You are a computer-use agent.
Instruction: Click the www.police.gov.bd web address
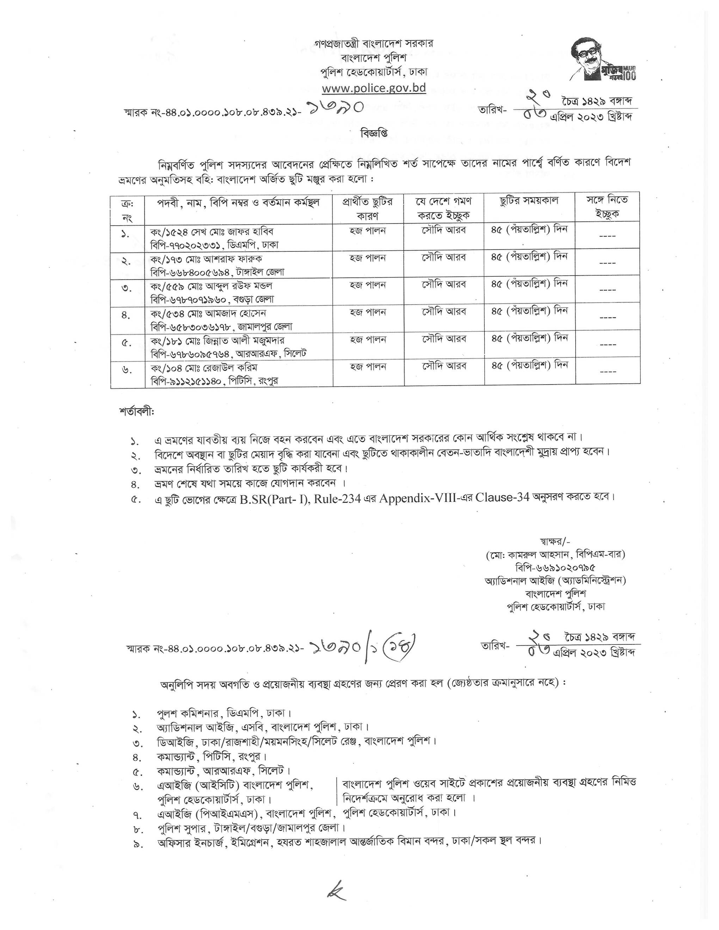[x=374, y=88]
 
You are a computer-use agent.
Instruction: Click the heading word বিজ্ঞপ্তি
[x=374, y=133]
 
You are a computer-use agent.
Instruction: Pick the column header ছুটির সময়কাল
[x=529, y=200]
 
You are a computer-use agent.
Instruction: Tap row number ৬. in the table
[x=127, y=370]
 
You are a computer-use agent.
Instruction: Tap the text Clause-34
[x=501, y=497]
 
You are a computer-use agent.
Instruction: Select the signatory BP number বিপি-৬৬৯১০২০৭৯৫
[x=555, y=568]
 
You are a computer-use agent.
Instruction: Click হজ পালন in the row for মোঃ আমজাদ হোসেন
[x=368, y=312]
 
